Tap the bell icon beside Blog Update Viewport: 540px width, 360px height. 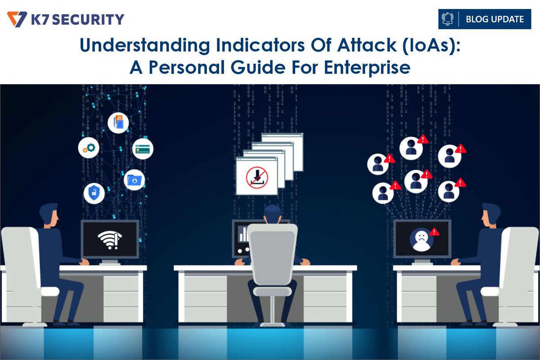[448, 19]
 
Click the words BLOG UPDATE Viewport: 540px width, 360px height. [495, 19]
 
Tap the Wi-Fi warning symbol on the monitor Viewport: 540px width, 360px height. [110, 238]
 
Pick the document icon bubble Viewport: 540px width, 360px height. [118, 122]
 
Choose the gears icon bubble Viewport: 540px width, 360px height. [88, 148]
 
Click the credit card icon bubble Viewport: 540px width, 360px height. [144, 149]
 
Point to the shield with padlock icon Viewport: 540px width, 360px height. [94, 193]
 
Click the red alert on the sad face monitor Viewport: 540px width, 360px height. [435, 232]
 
